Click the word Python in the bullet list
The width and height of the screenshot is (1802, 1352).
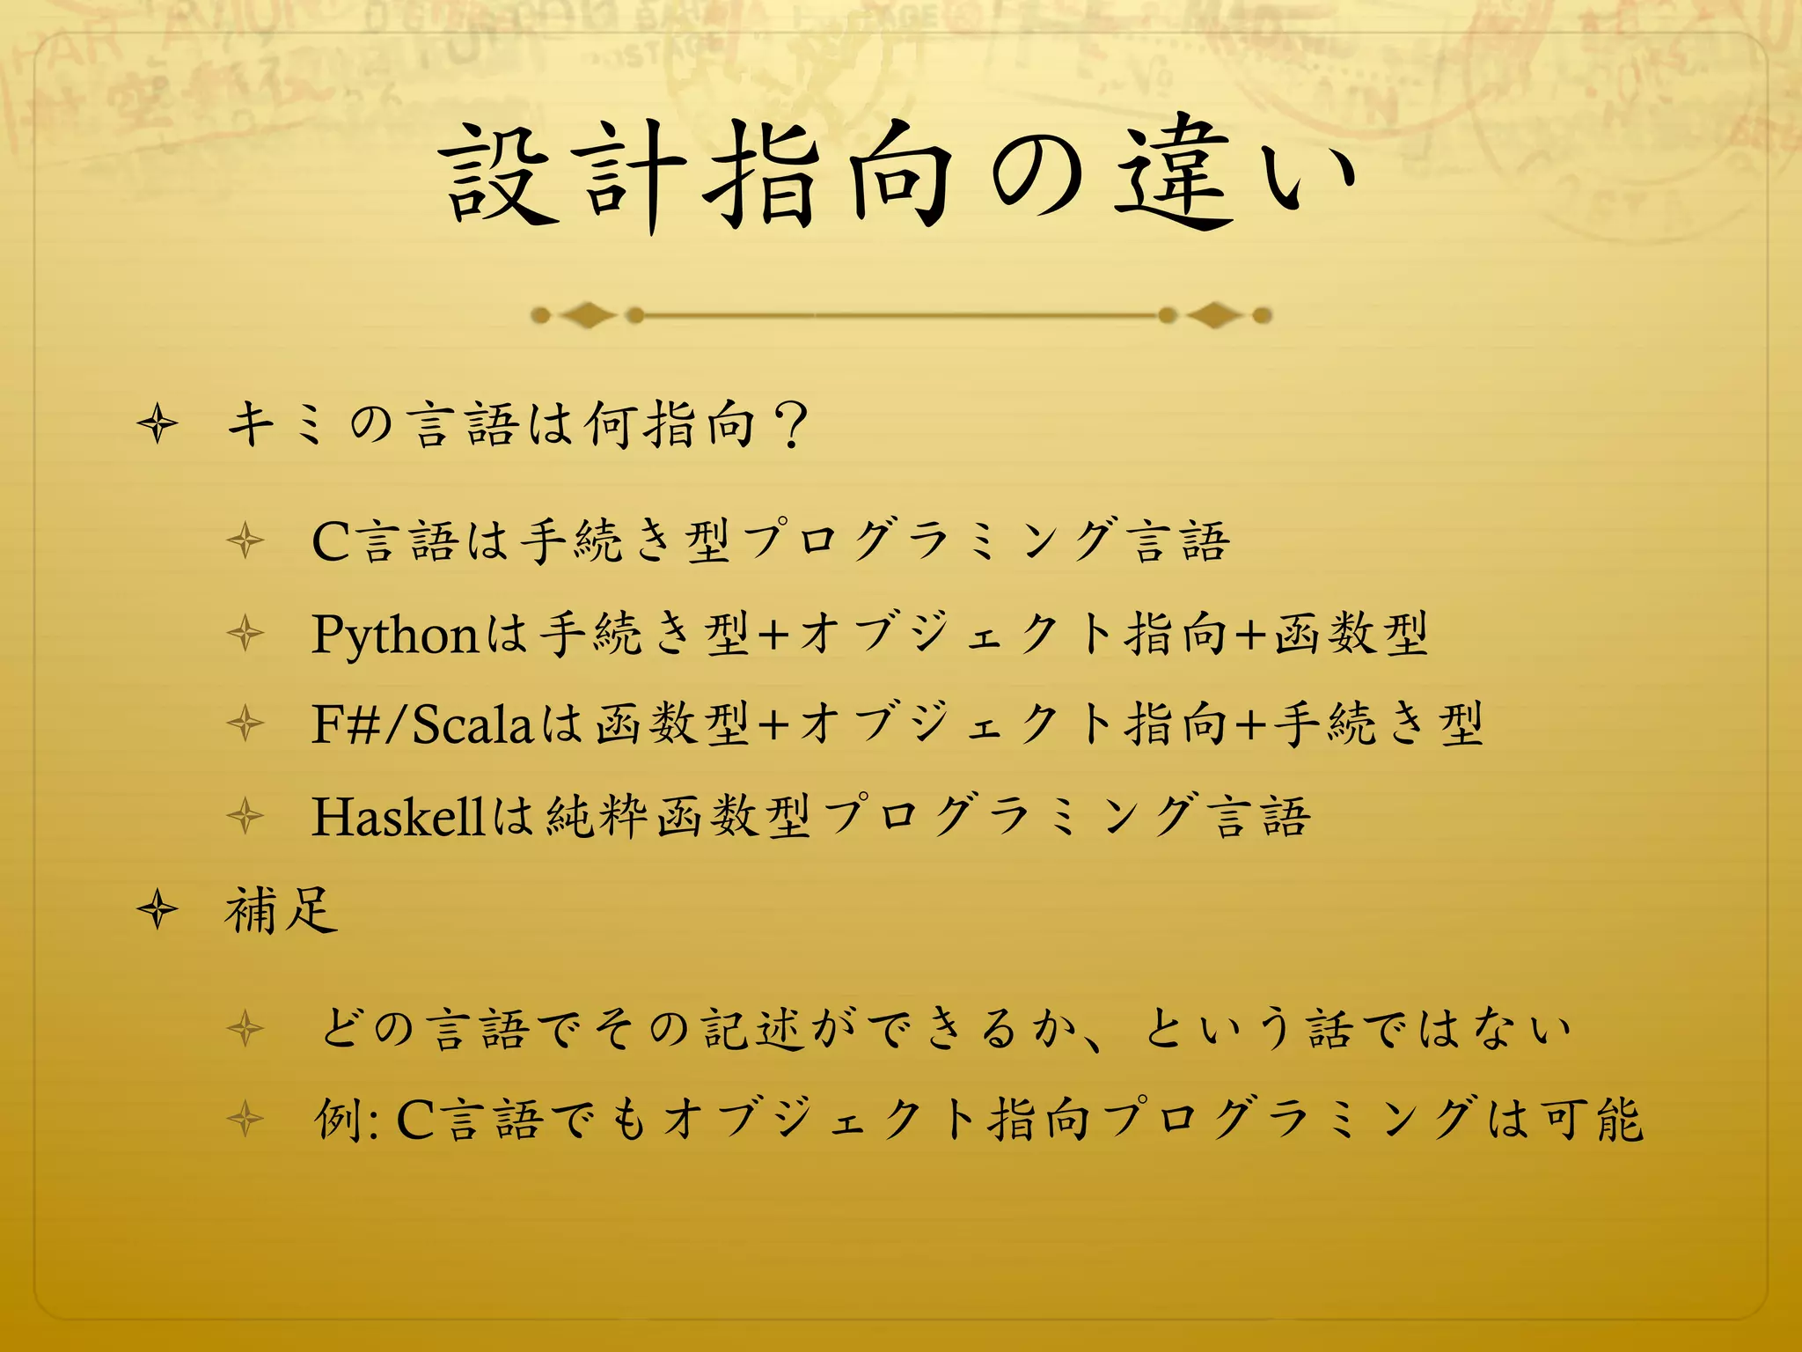pos(394,634)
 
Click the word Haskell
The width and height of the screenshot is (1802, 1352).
pos(398,816)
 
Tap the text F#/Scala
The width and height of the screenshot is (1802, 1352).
pos(422,724)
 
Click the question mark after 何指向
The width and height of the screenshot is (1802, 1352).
pos(793,424)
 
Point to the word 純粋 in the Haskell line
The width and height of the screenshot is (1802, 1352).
pos(598,816)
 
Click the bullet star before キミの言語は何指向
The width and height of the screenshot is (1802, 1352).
pos(158,425)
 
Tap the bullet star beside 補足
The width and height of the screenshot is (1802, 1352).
pos(158,910)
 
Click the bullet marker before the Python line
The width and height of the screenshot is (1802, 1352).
pos(245,634)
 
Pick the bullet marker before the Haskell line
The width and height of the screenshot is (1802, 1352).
pos(245,816)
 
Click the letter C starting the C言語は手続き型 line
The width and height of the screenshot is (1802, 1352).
pos(332,540)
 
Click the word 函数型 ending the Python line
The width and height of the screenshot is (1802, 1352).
pos(1351,634)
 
